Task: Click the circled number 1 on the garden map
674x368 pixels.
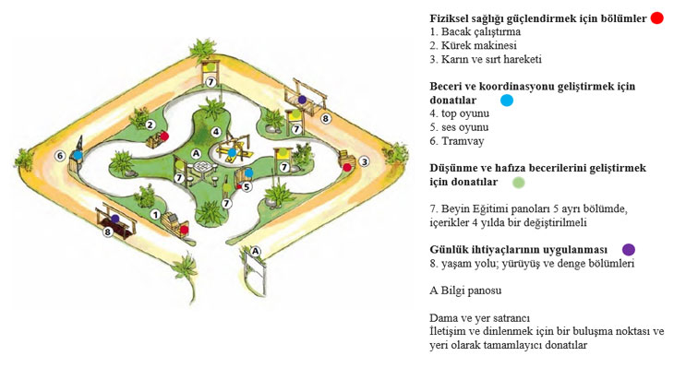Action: [x=155, y=215]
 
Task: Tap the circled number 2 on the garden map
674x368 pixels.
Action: [x=150, y=125]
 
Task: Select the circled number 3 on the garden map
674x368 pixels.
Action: [x=365, y=161]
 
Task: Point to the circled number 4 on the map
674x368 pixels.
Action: [x=216, y=132]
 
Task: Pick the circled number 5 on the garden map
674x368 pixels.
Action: [x=247, y=187]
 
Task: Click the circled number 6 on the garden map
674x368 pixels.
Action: [x=60, y=156]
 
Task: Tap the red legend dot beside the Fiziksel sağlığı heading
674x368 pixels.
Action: [x=656, y=18]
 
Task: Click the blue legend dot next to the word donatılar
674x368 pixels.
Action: [x=507, y=101]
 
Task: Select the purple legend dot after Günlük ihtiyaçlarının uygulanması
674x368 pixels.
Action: [x=629, y=250]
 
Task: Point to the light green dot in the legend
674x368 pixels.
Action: [x=519, y=183]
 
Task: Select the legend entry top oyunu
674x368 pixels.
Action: [x=465, y=114]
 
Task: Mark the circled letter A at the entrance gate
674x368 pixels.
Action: [x=256, y=251]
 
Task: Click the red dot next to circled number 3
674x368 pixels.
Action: [x=347, y=168]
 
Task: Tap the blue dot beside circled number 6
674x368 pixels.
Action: [x=78, y=155]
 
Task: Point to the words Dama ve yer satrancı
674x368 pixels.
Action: [x=480, y=318]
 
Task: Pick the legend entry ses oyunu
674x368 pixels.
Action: [x=464, y=127]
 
